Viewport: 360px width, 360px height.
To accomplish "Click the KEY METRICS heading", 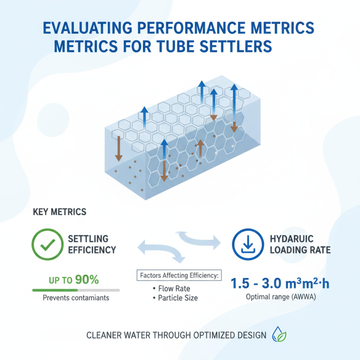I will coord(60,211).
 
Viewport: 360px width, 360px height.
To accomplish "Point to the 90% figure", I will coord(87,280).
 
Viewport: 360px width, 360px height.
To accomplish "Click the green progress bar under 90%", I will coord(54,290).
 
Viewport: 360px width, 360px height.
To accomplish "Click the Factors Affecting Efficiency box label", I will coord(179,274).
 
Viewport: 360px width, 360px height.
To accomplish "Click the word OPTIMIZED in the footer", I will coord(209,336).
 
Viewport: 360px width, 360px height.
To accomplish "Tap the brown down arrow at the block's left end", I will coord(118,149).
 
